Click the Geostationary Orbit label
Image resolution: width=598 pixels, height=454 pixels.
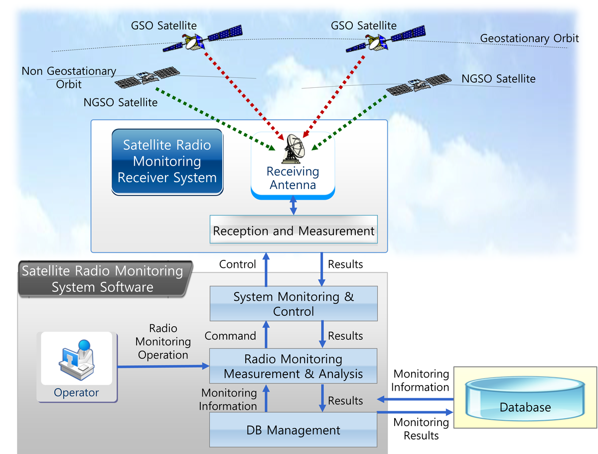(x=529, y=38)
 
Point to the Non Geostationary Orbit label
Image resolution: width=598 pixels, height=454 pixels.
(x=69, y=78)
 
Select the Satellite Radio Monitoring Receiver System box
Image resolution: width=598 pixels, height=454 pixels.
(x=167, y=161)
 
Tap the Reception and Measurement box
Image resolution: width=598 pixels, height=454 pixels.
(x=294, y=231)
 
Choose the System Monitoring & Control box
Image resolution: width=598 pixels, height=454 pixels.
(x=294, y=304)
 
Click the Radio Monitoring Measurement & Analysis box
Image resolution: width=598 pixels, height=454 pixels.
(x=294, y=366)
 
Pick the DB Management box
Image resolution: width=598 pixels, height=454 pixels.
(x=294, y=430)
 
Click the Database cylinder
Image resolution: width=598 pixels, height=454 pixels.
(x=525, y=399)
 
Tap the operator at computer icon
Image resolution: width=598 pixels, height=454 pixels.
(x=76, y=361)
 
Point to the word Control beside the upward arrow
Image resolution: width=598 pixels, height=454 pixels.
(x=238, y=264)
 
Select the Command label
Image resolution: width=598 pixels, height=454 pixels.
(x=230, y=336)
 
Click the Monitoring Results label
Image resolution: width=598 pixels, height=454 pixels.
(x=421, y=429)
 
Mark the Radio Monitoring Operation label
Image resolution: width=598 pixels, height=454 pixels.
(x=163, y=342)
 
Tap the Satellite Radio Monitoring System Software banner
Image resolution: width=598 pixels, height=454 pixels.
(x=103, y=279)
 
